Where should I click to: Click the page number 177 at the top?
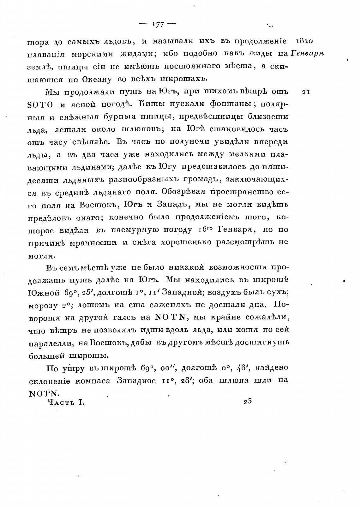(x=158, y=25)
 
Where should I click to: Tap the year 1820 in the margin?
(x=304, y=41)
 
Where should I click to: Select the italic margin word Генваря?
(x=307, y=53)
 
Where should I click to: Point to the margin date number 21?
(x=306, y=92)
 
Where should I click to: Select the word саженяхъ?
(x=165, y=305)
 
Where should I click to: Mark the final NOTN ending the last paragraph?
(x=44, y=393)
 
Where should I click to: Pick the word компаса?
(x=93, y=381)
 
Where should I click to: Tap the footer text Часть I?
(x=66, y=402)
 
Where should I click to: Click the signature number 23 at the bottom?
(x=248, y=402)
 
